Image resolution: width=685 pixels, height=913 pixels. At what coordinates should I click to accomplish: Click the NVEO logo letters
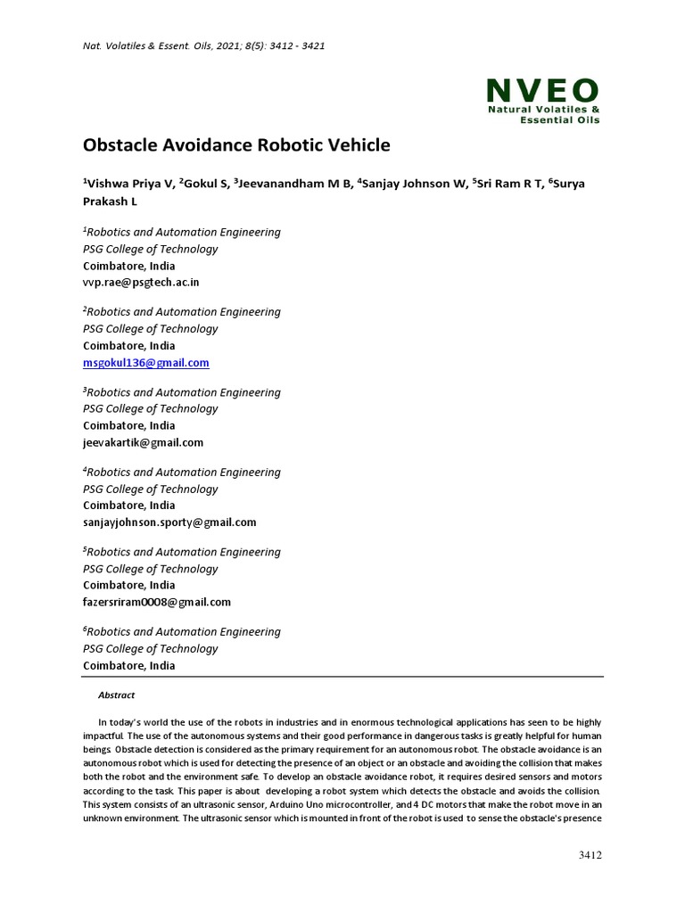[542, 90]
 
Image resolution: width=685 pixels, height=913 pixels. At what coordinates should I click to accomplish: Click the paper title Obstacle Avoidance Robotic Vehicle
[236, 144]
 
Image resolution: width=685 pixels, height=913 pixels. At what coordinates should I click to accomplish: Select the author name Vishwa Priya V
[128, 184]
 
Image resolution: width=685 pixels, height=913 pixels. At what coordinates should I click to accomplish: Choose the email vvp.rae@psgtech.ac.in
[141, 283]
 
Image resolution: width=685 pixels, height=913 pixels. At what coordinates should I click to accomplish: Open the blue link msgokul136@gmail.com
[147, 363]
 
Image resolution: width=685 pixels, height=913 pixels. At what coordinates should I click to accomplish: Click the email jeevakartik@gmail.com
[143, 442]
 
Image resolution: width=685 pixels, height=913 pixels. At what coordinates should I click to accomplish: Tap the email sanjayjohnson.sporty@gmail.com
[169, 522]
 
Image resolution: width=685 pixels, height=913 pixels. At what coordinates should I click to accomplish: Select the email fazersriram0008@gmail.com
[157, 602]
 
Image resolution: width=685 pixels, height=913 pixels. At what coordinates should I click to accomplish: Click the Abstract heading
[116, 695]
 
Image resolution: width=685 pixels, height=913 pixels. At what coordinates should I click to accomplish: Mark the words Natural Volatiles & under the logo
[542, 110]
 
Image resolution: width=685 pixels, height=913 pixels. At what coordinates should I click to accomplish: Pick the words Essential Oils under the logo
[559, 119]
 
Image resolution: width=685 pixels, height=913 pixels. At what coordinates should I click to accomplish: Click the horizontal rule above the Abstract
[342, 677]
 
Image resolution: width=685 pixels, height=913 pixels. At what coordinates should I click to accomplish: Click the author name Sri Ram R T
[511, 184]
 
